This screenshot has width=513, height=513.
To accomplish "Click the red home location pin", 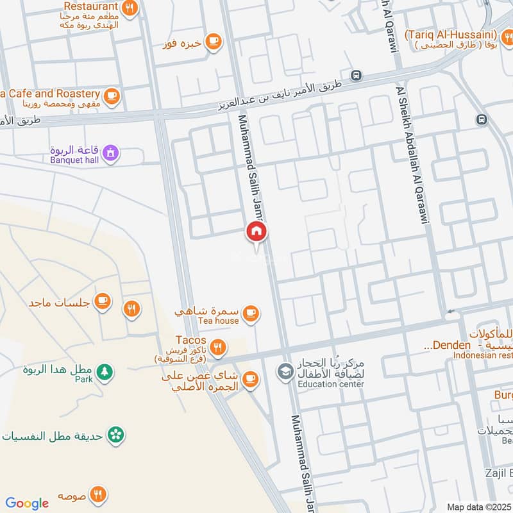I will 256,233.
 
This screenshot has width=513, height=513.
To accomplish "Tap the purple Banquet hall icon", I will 111,153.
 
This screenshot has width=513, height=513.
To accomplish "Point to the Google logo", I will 27,503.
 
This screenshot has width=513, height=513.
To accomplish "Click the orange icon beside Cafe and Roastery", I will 112,96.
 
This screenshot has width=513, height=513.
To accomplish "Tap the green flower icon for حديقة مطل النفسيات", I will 115,435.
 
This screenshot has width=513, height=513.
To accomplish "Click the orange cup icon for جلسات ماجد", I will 102,301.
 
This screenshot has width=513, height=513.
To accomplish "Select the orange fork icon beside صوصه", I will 98,494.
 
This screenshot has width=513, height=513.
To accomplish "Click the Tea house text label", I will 218,321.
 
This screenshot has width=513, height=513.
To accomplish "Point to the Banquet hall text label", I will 74,160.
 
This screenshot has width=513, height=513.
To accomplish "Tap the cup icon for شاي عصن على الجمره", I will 250,379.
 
